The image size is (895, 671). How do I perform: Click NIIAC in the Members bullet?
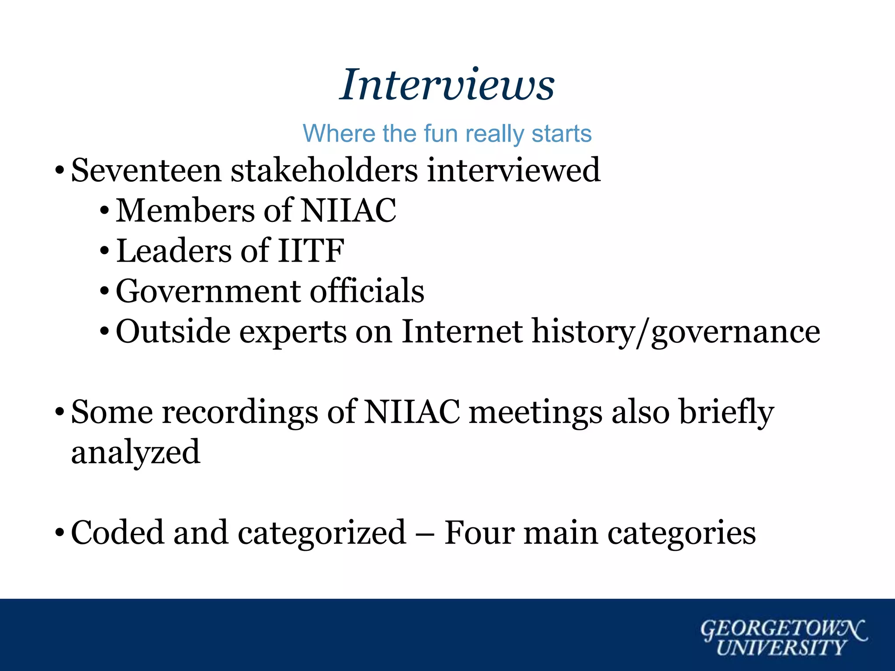tap(348, 211)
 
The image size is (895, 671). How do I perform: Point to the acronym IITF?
tap(311, 251)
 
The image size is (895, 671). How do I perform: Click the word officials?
tap(367, 291)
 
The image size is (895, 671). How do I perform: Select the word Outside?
tap(173, 332)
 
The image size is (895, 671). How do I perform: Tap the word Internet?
tap(462, 332)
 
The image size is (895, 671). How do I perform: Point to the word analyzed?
tap(135, 453)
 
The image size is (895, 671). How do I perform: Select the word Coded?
tap(117, 533)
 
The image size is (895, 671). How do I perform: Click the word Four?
tap(479, 533)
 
